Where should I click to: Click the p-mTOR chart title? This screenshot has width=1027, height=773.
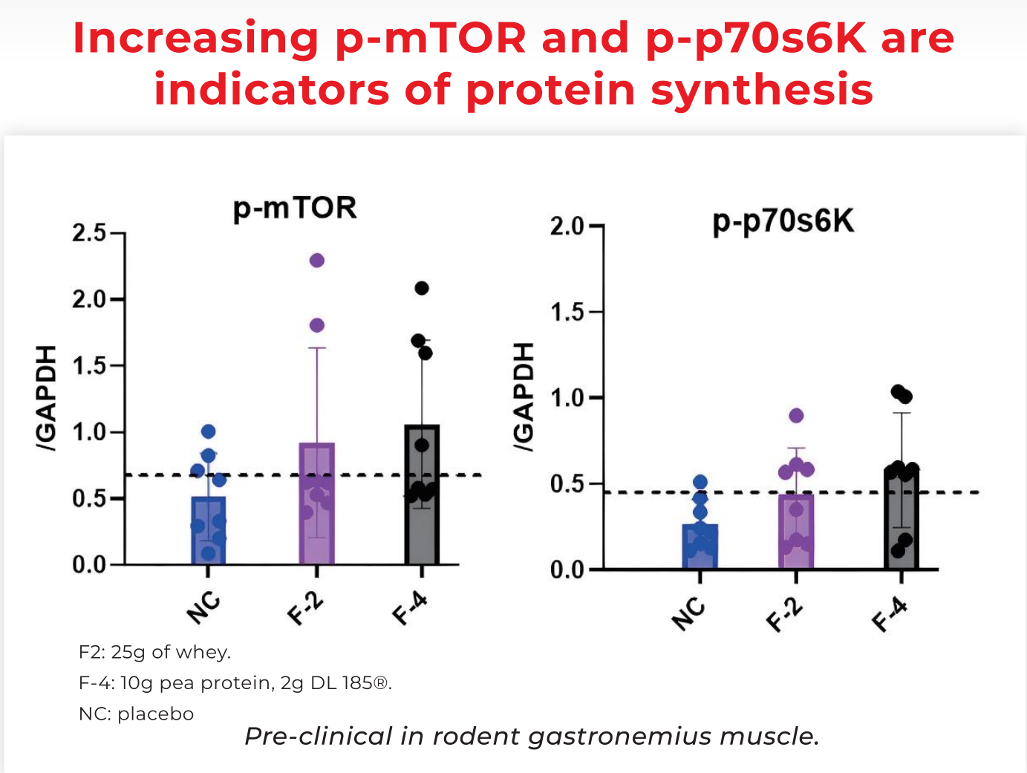pos(295,209)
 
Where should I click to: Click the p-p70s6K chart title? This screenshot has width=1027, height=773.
pos(783,221)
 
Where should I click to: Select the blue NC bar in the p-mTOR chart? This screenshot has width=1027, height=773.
pos(209,531)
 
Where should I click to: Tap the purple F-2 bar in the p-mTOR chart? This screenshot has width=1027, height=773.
pos(317,505)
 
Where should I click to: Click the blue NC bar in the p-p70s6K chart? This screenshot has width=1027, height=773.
pos(700,547)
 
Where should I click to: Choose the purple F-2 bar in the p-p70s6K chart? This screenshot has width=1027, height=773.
pos(796,532)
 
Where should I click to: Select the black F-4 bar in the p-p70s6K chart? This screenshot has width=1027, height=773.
pos(902,520)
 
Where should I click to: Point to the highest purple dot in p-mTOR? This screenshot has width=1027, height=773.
pos(317,261)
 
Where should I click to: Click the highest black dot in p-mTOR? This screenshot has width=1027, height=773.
pos(422,288)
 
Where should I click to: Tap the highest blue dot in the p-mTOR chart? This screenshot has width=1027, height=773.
pos(209,431)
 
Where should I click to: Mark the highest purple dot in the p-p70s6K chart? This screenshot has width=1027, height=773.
pos(796,416)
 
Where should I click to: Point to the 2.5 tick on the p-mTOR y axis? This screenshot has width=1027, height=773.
pos(89,233)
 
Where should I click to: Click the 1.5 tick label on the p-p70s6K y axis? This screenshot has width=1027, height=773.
pos(567,312)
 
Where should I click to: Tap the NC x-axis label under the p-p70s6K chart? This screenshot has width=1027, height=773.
pos(688,613)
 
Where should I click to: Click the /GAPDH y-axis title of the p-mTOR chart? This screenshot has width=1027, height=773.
pos(47,398)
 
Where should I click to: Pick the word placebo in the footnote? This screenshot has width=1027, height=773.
pos(155,714)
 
